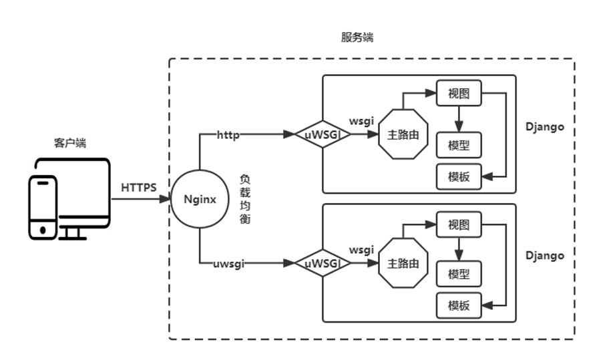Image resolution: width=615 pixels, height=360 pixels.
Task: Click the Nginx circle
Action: (x=200, y=199)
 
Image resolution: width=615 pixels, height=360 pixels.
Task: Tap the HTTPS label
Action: (x=138, y=188)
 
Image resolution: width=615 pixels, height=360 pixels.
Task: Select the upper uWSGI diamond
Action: (x=323, y=134)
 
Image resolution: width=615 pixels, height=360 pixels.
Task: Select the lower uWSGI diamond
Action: (x=323, y=264)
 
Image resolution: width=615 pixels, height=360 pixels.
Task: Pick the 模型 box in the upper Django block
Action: (x=459, y=145)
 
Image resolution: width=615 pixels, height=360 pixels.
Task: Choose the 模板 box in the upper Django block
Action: (x=459, y=176)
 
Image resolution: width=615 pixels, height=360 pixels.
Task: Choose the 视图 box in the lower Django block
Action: (x=459, y=224)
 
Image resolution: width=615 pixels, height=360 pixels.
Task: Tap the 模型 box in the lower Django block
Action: (x=459, y=274)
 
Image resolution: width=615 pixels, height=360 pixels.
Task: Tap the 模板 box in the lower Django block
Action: (x=459, y=306)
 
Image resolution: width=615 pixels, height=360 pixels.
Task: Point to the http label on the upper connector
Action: (x=228, y=134)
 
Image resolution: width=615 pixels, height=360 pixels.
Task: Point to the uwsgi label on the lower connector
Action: (x=228, y=264)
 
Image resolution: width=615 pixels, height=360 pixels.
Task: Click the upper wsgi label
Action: (x=361, y=122)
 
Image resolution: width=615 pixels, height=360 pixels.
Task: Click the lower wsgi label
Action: (x=361, y=250)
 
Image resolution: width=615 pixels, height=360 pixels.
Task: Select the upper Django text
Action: (x=544, y=127)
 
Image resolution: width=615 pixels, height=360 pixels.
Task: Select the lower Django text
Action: (x=544, y=256)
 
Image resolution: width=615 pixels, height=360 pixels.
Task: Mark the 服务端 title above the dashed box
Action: (x=357, y=38)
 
